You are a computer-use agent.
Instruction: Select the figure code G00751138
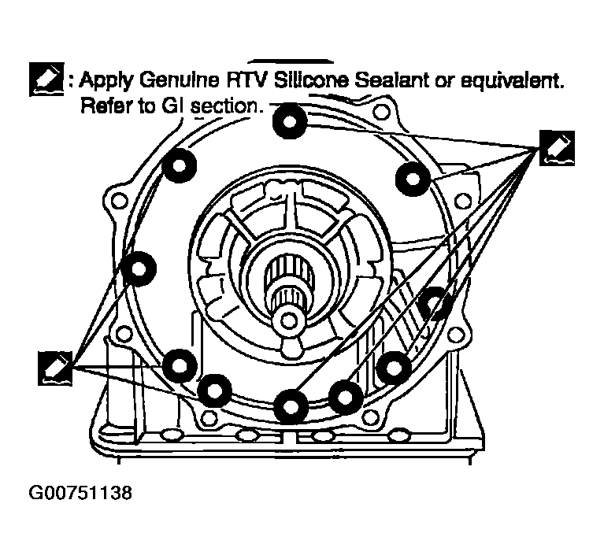(80, 494)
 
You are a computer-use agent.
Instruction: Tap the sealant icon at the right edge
(557, 148)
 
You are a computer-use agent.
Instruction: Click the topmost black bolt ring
(291, 120)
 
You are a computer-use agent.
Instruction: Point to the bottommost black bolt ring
(291, 405)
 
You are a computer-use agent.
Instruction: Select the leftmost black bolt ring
(139, 268)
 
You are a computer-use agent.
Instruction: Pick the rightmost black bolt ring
(434, 305)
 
